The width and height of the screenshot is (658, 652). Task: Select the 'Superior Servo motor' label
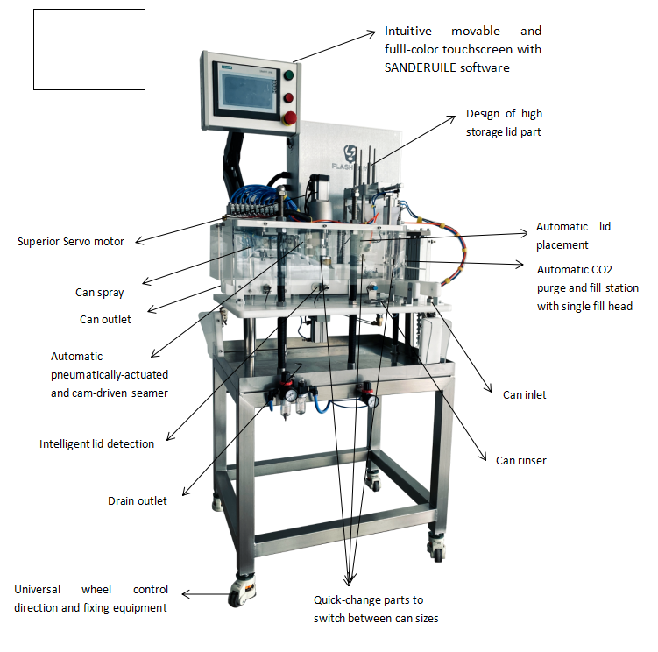pyautogui.click(x=71, y=241)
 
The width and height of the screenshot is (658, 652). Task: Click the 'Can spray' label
pyautogui.click(x=99, y=293)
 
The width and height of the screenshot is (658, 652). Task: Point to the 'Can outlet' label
pyautogui.click(x=105, y=319)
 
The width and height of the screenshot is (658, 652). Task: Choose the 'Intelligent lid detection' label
pyautogui.click(x=96, y=443)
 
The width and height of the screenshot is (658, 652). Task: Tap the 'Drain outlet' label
pyautogui.click(x=137, y=500)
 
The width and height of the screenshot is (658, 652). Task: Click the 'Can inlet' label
pyautogui.click(x=524, y=394)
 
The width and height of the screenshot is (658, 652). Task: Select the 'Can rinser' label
pyautogui.click(x=520, y=460)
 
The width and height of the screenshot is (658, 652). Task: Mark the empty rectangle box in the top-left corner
pyautogui.click(x=88, y=49)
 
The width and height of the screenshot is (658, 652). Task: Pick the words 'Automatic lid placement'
pyautogui.click(x=573, y=235)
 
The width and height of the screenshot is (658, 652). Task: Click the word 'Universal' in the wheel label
pyautogui.click(x=40, y=589)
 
